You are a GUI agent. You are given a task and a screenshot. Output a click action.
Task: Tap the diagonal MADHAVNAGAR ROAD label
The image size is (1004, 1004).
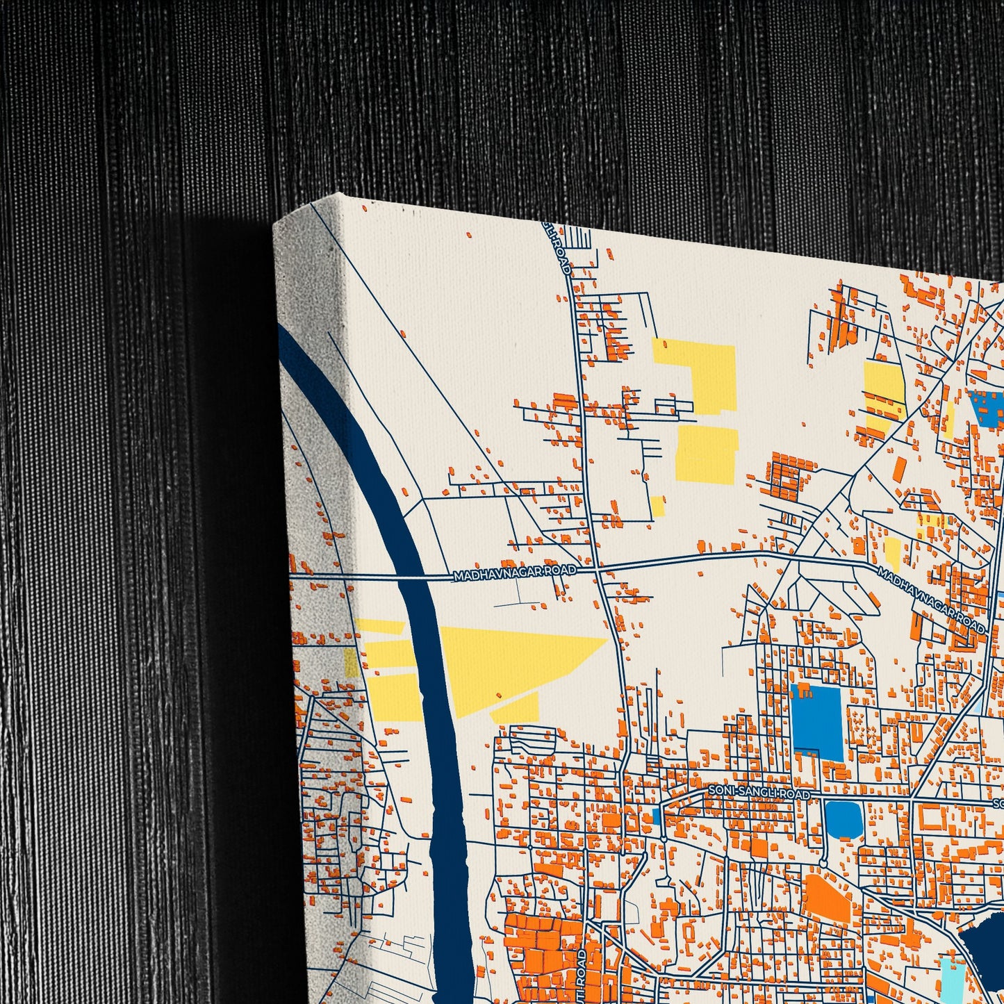point(931,601)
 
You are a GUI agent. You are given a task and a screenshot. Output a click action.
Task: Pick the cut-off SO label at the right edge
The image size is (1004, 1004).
point(998,803)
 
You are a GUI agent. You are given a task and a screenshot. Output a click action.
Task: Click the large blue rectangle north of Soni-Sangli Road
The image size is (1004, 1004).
point(816,720)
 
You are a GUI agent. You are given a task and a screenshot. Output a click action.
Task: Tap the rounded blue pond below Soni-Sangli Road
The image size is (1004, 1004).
point(843,820)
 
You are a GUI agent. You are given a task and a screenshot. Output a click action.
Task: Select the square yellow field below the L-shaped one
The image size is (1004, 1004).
point(707,454)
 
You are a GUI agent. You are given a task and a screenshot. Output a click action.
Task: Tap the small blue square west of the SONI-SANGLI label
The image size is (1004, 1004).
point(657,816)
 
